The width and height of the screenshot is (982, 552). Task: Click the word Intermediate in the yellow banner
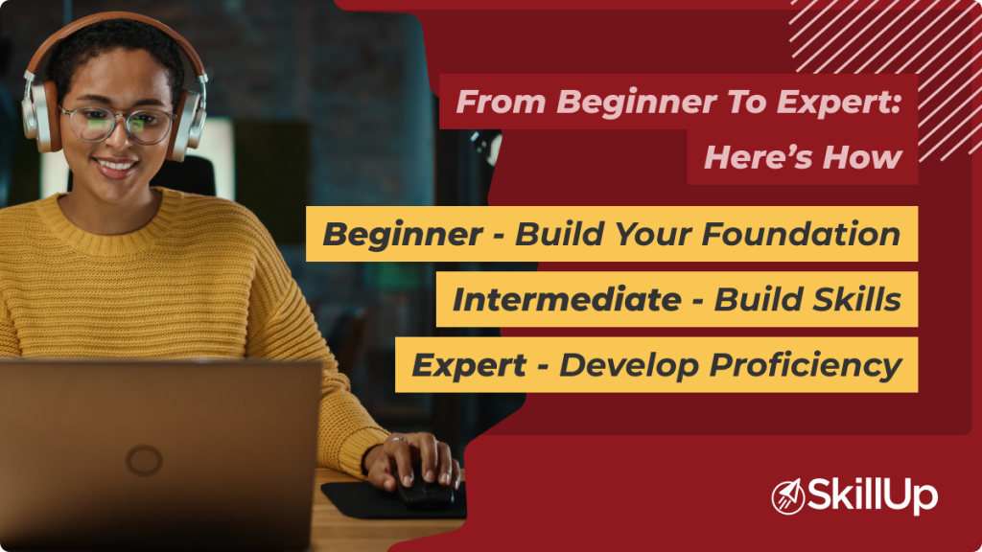(x=562, y=299)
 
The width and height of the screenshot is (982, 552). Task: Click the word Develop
(x=624, y=365)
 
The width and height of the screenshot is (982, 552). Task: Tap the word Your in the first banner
(x=652, y=234)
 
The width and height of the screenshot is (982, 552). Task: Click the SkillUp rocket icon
(x=788, y=496)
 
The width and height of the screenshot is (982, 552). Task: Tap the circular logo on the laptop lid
(x=144, y=461)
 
